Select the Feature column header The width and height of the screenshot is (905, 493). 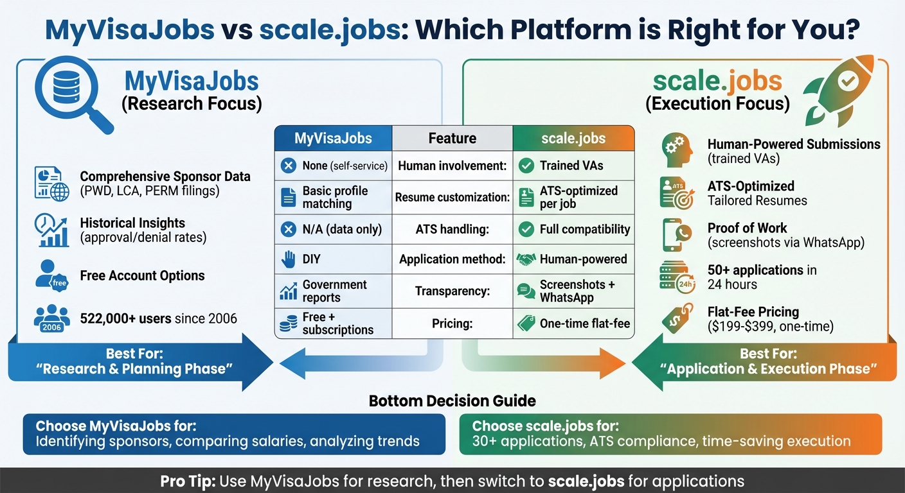pyautogui.click(x=452, y=138)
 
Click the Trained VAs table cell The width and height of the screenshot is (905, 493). pyautogui.click(x=573, y=166)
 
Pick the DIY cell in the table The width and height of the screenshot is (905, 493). pyautogui.click(x=333, y=259)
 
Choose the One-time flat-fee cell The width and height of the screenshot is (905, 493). pyautogui.click(x=573, y=324)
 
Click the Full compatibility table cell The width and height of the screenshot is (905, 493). pyautogui.click(x=573, y=229)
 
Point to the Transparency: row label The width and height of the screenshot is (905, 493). pyautogui.click(x=452, y=291)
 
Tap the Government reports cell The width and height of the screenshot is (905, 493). pyautogui.click(x=333, y=291)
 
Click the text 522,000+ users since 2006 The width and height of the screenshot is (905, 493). pyautogui.click(x=158, y=318)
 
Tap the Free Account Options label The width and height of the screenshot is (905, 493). pyautogui.click(x=142, y=275)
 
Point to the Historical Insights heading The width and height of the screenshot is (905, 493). pyautogui.click(x=132, y=223)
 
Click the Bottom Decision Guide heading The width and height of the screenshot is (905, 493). pyautogui.click(x=452, y=401)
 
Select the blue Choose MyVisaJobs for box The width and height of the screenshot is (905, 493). pyautogui.click(x=234, y=434)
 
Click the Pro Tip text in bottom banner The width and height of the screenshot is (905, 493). pyautogui.click(x=452, y=481)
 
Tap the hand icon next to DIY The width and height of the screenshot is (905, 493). pyautogui.click(x=288, y=259)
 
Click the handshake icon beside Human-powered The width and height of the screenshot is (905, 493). pyautogui.click(x=526, y=259)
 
